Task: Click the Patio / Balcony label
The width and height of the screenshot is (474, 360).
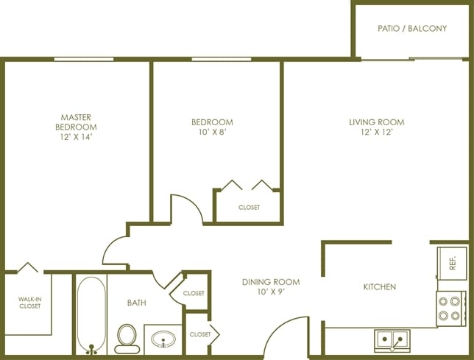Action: pyautogui.click(x=412, y=29)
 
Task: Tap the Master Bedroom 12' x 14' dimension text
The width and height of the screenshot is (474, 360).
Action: pyautogui.click(x=76, y=137)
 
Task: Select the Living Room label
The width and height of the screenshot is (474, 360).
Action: pyautogui.click(x=377, y=122)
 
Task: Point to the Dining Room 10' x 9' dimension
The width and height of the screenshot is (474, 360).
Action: pyautogui.click(x=271, y=292)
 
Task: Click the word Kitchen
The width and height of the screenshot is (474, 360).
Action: pyautogui.click(x=380, y=287)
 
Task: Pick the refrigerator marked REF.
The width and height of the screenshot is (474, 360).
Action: pyautogui.click(x=452, y=264)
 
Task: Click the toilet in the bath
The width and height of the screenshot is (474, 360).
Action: pyautogui.click(x=127, y=339)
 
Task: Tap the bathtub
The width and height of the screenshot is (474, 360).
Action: pyautogui.click(x=91, y=315)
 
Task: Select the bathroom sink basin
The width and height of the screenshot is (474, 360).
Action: pyautogui.click(x=163, y=339)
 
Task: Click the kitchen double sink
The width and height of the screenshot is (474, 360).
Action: pyautogui.click(x=392, y=340)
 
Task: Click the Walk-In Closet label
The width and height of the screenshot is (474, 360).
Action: pyautogui.click(x=30, y=303)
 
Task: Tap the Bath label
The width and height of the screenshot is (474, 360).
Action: pyautogui.click(x=137, y=303)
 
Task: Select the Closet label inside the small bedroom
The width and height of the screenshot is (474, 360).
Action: pyautogui.click(x=249, y=208)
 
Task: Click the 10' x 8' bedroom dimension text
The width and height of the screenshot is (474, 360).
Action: pyautogui.click(x=213, y=132)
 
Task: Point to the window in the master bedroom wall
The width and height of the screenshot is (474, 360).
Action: pyautogui.click(x=84, y=59)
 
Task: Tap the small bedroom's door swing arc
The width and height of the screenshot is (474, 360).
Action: pyautogui.click(x=192, y=203)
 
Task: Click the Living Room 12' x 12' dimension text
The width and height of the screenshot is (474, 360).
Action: pyautogui.click(x=377, y=132)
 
